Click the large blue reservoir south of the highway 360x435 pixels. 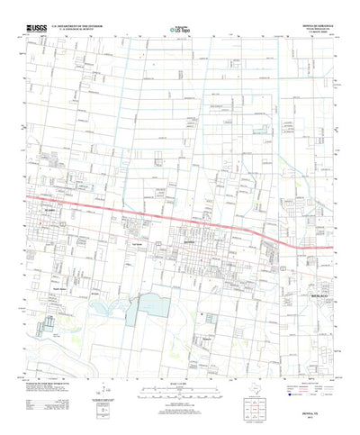pos(145,310)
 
